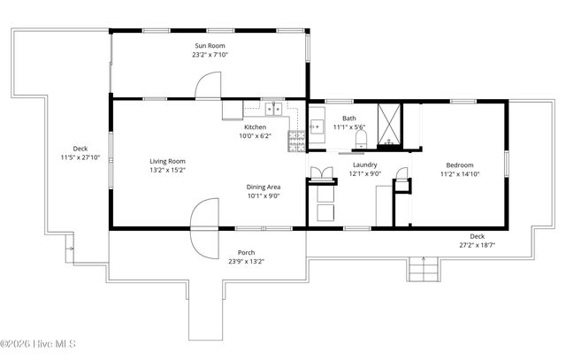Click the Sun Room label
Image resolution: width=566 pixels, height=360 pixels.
(x=210, y=45)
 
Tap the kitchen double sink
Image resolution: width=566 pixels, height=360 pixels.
(x=274, y=110)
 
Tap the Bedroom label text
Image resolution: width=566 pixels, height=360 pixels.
(x=459, y=165)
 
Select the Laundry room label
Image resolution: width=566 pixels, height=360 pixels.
(x=365, y=165)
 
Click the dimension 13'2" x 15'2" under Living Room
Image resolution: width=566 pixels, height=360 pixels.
(x=166, y=170)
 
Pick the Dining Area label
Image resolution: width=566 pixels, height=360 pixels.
(x=264, y=187)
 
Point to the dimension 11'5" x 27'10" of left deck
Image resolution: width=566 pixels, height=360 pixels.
(x=80, y=157)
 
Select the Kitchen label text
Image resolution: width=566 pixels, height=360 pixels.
(x=255, y=127)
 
